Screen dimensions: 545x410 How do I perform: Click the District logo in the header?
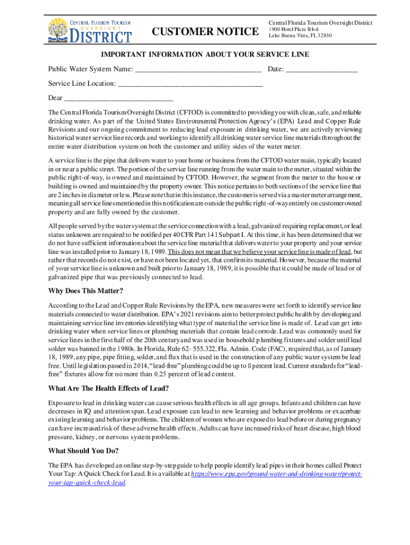coord(89,30)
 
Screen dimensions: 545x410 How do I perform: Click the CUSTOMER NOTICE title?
coord(206,32)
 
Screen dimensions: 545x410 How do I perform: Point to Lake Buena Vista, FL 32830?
coord(300,36)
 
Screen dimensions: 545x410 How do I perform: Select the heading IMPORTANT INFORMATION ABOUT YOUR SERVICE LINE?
coord(205,55)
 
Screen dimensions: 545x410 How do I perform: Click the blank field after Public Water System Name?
coord(198,70)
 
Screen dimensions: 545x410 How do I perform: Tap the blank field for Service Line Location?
coord(190,84)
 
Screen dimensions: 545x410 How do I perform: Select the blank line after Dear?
coord(118,98)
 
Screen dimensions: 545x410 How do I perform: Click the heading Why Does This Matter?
coord(86,291)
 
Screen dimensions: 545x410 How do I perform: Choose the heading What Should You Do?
coord(83,450)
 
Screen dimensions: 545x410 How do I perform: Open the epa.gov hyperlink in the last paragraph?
coord(276,473)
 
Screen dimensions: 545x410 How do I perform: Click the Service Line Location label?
coord(81,84)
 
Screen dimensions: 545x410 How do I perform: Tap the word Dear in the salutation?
coord(55,98)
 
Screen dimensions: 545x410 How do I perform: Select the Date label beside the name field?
coord(275,69)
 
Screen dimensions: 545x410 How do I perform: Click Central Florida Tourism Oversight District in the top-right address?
coord(321,23)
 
